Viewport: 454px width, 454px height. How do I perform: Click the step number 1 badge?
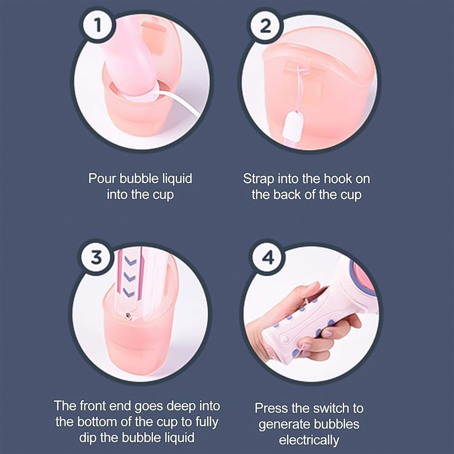pos(98,25)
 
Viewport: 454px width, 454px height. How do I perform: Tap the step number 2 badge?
pos(265,26)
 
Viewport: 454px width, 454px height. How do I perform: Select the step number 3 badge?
pos(96,257)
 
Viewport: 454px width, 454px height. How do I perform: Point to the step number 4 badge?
pos(268,257)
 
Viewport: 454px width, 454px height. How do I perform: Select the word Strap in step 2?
pos(259,179)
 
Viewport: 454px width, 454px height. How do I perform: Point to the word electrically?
pos(309,440)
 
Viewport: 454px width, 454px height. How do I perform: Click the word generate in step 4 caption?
pos(284,425)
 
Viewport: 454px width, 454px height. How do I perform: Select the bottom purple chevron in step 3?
pos(129,292)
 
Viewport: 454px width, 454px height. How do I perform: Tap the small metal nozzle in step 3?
pos(127,316)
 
